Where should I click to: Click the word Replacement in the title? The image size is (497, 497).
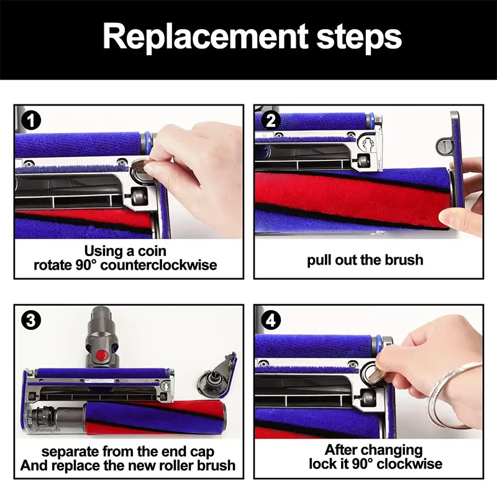coord(206,37)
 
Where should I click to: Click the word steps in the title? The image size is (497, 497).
coord(359,38)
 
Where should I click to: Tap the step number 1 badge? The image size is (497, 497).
coord(31,121)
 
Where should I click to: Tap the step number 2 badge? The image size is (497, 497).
coord(271,121)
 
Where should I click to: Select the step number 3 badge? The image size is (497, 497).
coord(31,321)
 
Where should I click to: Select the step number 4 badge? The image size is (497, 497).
coord(271,321)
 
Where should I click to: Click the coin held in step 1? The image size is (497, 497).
coord(142,165)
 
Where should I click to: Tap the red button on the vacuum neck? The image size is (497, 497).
coord(102,354)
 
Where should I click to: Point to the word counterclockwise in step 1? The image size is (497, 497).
coord(158,265)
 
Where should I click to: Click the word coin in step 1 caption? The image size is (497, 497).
coord(152,251)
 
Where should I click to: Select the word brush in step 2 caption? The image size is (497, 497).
coord(404,260)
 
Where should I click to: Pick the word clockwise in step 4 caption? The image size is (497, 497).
coord(409,464)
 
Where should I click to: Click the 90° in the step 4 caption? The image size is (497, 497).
coord(361,464)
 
